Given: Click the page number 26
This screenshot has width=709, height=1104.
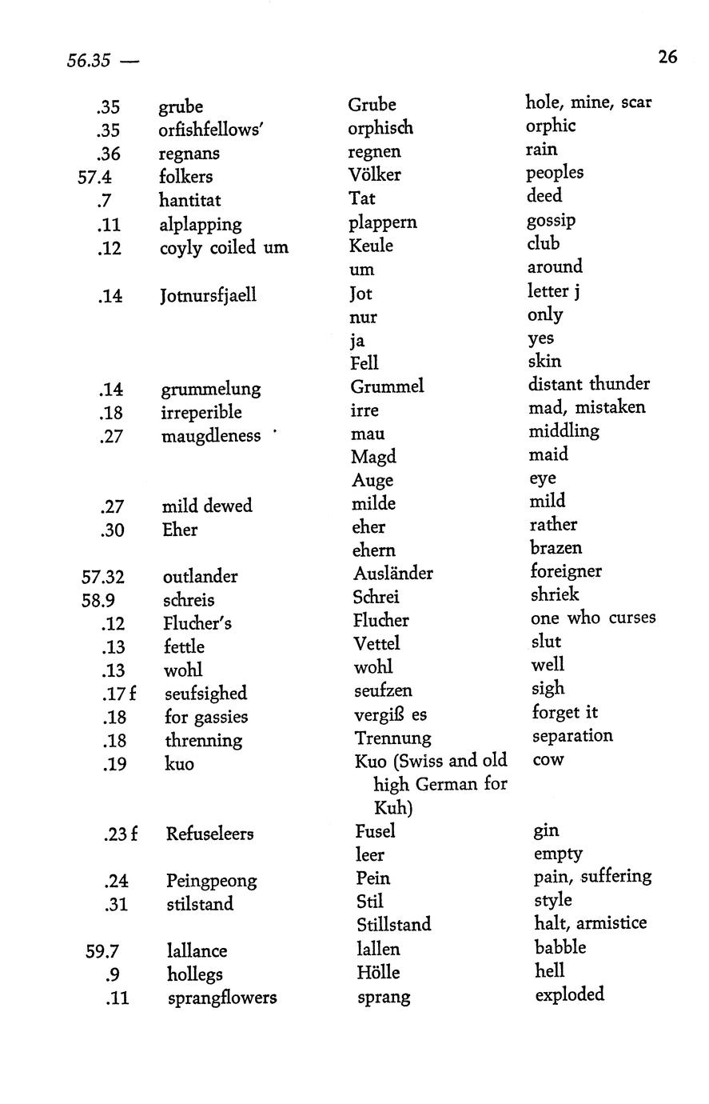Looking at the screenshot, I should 667,57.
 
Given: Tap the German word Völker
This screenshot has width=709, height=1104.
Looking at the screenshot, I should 375,174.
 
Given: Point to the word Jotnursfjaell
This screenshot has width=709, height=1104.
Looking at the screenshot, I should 209,295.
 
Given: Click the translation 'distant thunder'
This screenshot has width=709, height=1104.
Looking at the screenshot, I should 588,384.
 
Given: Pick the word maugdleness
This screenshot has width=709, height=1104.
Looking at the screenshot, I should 211,436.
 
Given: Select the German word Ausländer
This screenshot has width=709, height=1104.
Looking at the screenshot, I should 393,574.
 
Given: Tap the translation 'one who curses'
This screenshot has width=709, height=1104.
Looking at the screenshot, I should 593,618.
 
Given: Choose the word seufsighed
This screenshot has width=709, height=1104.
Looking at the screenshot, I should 205,694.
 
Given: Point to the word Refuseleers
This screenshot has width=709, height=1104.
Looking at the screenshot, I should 209,834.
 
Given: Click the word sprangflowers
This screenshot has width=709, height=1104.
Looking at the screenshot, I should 222,998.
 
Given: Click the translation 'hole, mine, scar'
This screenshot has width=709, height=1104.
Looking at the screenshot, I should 588,102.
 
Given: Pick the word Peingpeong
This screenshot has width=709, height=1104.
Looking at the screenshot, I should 212,881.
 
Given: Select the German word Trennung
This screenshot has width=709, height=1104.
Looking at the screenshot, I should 392,738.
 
